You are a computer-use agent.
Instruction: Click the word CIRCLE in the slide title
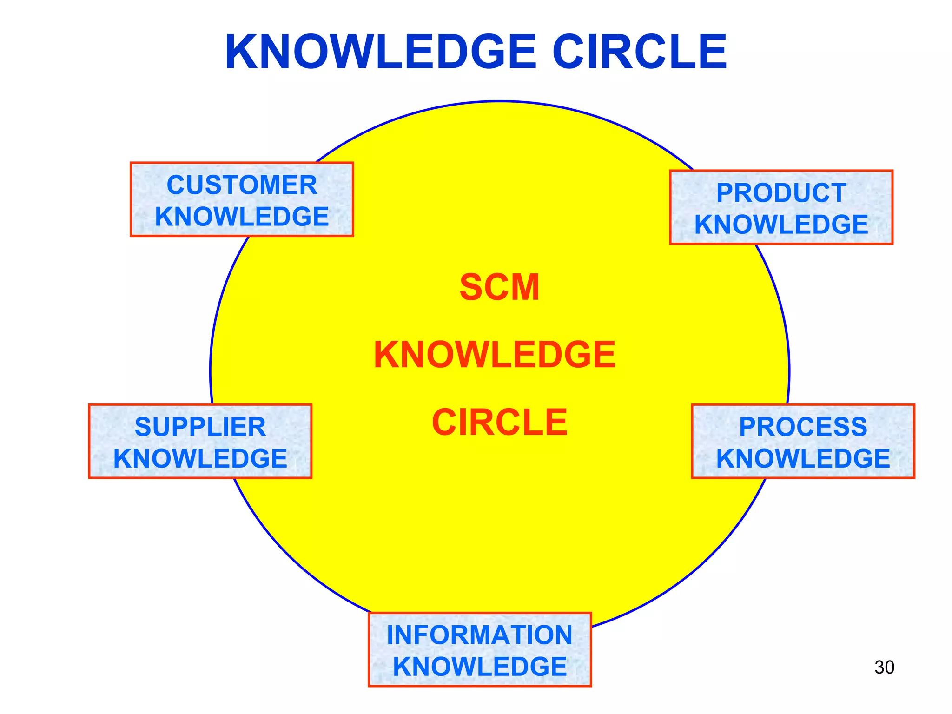[639, 52]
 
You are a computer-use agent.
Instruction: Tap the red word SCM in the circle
[499, 287]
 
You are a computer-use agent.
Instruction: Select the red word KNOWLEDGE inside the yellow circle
[495, 355]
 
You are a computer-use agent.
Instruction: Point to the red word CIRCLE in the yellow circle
[499, 422]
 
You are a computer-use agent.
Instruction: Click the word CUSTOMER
[242, 185]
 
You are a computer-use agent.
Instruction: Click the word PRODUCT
[781, 193]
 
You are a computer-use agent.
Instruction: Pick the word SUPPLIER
[200, 427]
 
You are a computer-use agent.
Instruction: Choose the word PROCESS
[803, 427]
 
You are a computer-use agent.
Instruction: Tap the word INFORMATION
[479, 635]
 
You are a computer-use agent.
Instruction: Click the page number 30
[884, 668]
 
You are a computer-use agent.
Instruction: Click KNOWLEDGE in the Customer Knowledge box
[242, 217]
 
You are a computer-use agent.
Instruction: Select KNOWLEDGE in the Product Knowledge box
[781, 225]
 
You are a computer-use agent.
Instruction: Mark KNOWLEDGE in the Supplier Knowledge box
[200, 458]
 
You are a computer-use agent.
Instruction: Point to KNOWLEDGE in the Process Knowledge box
[803, 458]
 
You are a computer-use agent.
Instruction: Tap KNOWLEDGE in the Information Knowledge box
[479, 667]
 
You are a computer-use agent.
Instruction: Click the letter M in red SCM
[524, 287]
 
